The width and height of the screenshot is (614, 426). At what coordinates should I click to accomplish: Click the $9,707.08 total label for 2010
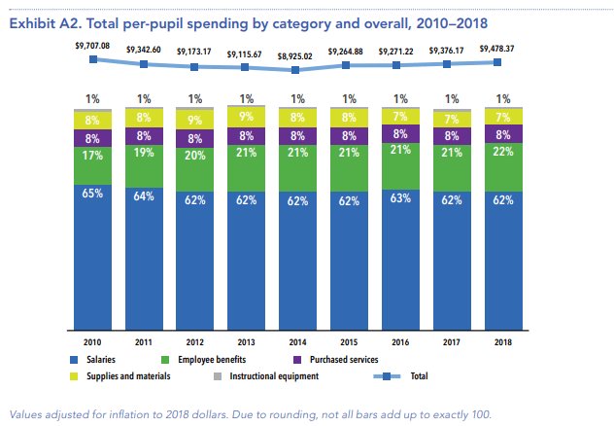(92, 45)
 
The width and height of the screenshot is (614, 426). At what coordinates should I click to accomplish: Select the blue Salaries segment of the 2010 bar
(92, 258)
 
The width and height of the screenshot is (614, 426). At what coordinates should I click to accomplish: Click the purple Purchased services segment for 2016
(398, 134)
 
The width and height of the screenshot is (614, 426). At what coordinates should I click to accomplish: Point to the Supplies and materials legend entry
(127, 375)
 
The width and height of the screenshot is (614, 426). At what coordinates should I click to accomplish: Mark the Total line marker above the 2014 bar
(296, 69)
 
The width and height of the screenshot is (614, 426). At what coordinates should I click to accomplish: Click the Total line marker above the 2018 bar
(500, 62)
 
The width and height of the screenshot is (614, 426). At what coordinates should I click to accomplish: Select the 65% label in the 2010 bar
(92, 194)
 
